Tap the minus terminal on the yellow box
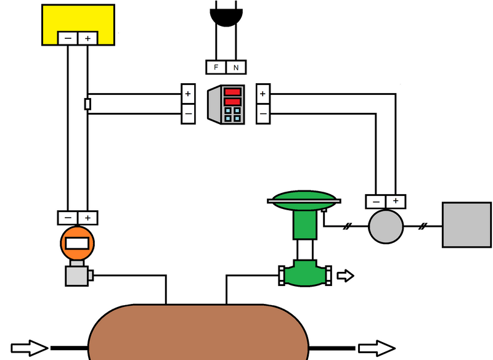[68, 38]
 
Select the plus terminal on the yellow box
[88, 38]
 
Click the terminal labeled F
[216, 67]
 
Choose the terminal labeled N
[236, 67]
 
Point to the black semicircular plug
[226, 17]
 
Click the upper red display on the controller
[233, 92]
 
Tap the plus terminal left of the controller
[188, 94]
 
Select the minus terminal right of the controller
[263, 114]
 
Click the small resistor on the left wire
[88, 104]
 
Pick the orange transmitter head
[78, 243]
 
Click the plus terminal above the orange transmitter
[88, 218]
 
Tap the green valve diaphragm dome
[304, 200]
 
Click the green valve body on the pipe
[305, 274]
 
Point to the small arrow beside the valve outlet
[346, 276]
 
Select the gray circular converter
[386, 226]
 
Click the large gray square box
[467, 225]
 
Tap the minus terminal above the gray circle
[376, 202]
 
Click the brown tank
[198, 332]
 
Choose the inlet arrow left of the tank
[30, 348]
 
